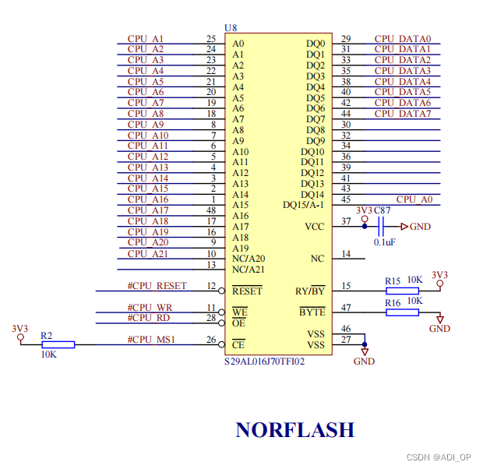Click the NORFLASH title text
pyautogui.click(x=294, y=429)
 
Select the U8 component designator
pyautogui.click(x=231, y=28)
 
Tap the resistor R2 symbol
pyautogui.click(x=58, y=344)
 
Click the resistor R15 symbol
pyautogui.click(x=402, y=291)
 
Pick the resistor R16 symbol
pyautogui.click(x=402, y=312)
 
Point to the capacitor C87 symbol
pyautogui.click(x=381, y=227)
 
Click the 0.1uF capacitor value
pyautogui.click(x=384, y=242)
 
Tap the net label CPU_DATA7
pyautogui.click(x=402, y=114)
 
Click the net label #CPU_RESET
pyautogui.click(x=157, y=286)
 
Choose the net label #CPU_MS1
pyautogui.click(x=151, y=339)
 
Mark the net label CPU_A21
pyautogui.click(x=148, y=253)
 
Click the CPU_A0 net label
pyautogui.click(x=414, y=199)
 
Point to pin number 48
pyautogui.click(x=211, y=210)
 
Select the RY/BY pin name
pyautogui.click(x=311, y=291)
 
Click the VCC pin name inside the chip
pyautogui.click(x=315, y=227)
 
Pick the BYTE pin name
pyautogui.click(x=312, y=312)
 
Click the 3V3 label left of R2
pyautogui.click(x=20, y=329)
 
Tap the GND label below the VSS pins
pyautogui.click(x=364, y=361)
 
